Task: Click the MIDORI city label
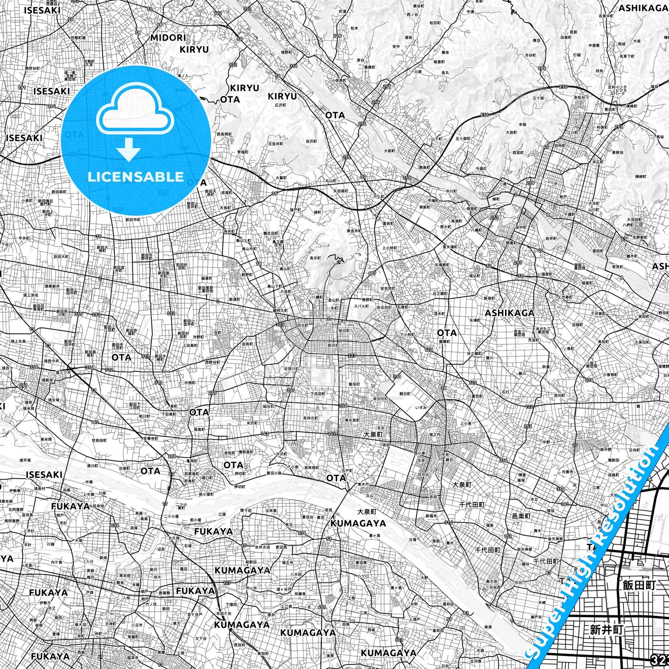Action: [168, 38]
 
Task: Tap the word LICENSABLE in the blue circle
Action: [136, 177]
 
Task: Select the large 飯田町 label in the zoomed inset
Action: [639, 585]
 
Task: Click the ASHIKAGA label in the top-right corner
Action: [643, 8]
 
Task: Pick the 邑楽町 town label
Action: [521, 516]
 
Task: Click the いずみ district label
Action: [421, 407]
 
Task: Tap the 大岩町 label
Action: [511, 132]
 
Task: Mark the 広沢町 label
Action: [281, 106]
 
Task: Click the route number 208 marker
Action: [530, 183]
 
